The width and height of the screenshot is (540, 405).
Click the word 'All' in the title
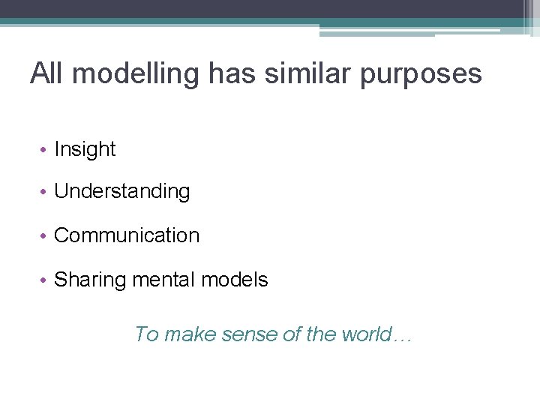point(47,73)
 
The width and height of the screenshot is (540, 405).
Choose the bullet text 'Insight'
point(85,149)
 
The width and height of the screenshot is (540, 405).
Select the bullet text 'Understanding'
point(122,192)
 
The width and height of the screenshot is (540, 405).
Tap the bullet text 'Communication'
point(127,235)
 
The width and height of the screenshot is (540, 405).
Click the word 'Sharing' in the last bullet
point(91,280)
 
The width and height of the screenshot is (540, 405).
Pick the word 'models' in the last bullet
point(235,280)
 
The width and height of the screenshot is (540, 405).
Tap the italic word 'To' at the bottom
point(146,334)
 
